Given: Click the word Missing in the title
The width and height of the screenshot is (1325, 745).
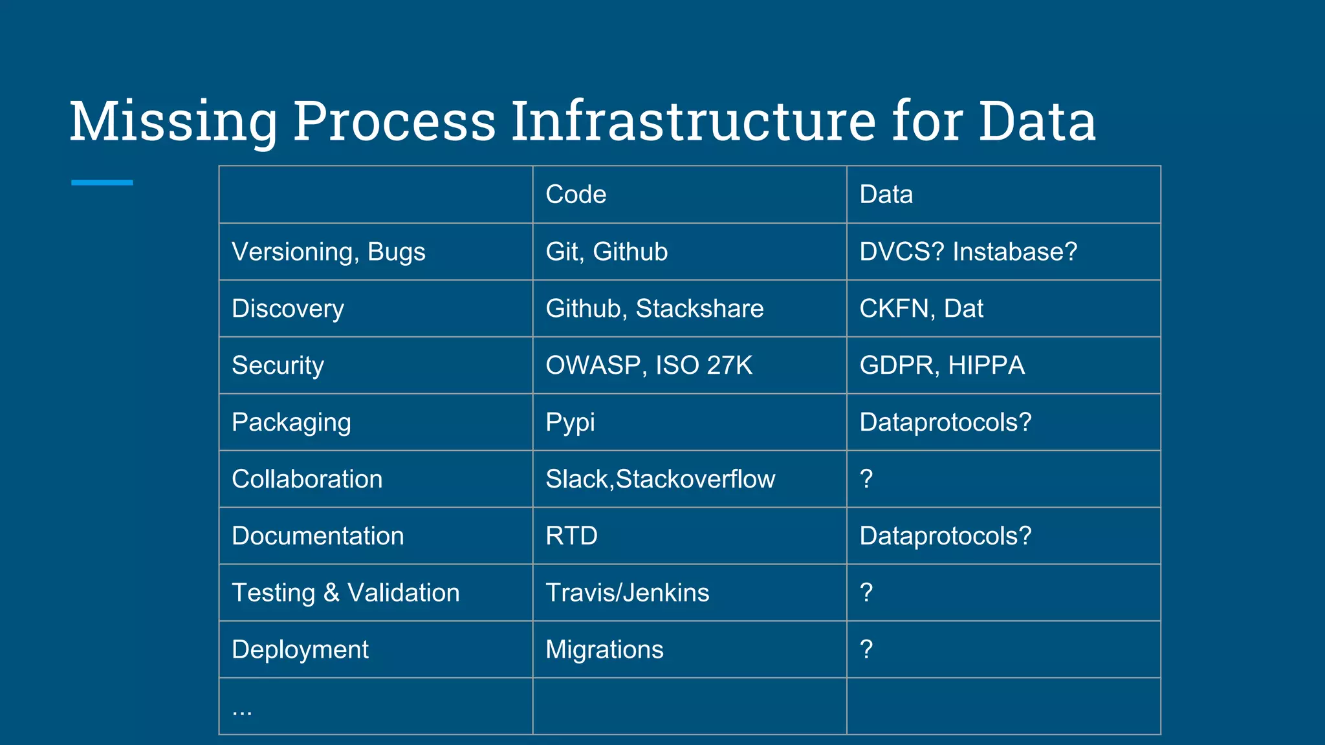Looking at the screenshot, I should (x=173, y=122).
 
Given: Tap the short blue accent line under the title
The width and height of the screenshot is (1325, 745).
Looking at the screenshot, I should (x=102, y=182).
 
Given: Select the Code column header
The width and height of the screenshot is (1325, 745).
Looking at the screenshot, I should (x=576, y=195).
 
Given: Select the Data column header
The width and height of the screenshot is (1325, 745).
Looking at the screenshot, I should (x=886, y=195).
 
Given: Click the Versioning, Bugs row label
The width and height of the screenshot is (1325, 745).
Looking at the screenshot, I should (x=328, y=252).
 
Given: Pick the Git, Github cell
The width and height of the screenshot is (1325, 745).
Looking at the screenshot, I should (x=606, y=252).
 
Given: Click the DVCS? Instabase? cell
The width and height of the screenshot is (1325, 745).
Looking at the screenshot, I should (x=968, y=252).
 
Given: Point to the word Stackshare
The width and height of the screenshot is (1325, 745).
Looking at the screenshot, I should (x=699, y=308).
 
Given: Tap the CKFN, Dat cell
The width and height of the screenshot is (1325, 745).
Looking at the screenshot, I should (x=921, y=308).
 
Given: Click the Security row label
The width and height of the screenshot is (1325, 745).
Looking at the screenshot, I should (x=278, y=365).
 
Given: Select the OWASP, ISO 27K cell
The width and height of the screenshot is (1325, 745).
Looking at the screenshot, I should (x=649, y=365).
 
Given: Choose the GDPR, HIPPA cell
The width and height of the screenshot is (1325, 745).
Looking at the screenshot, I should (x=941, y=365).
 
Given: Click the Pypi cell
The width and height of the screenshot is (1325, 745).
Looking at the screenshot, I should (x=570, y=422).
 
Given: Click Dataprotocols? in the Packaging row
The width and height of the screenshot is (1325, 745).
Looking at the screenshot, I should (x=945, y=422).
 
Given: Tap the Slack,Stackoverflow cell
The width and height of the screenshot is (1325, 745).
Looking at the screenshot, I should (x=660, y=479).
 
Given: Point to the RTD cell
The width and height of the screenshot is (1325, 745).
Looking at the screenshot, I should (x=571, y=536).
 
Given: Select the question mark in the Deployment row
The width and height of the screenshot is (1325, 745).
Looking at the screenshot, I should (x=866, y=649).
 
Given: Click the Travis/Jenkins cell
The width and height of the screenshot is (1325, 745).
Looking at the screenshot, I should (x=627, y=593).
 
